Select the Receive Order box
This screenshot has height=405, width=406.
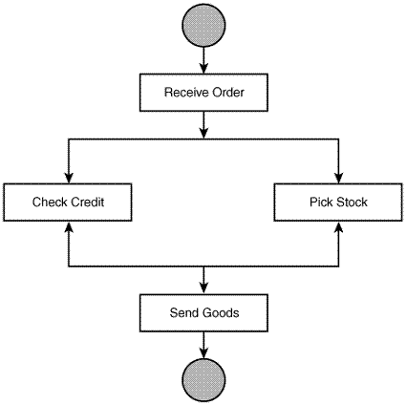[x=203, y=93]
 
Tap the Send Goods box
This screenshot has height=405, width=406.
[x=203, y=312]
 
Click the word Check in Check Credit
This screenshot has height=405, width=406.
[x=49, y=202]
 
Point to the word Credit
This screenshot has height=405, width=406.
[x=87, y=202]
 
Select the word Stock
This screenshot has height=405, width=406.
[x=352, y=202]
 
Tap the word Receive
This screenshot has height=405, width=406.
[x=184, y=93]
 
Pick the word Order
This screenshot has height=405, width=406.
[x=226, y=93]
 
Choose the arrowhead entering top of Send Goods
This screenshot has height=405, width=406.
[x=203, y=288]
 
